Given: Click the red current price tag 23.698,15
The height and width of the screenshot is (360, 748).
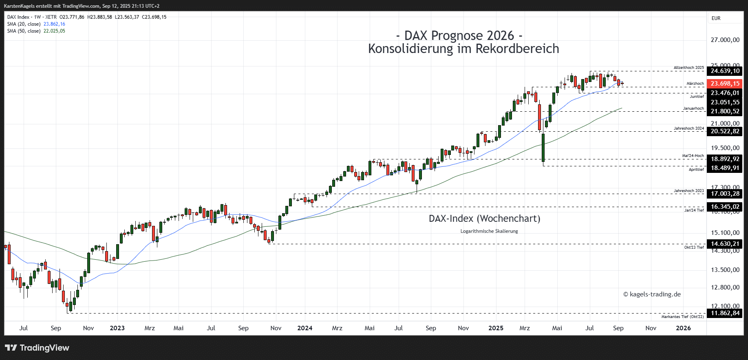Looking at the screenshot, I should [x=725, y=84].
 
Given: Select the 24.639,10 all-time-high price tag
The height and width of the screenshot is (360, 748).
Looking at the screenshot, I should [x=725, y=71].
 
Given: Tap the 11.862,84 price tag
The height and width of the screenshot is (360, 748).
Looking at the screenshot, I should [x=725, y=313].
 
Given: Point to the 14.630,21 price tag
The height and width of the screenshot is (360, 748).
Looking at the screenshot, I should [x=725, y=244].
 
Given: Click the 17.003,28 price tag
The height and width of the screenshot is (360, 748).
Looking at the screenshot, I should [x=725, y=194].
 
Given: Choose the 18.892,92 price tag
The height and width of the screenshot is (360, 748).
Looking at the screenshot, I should [x=725, y=159].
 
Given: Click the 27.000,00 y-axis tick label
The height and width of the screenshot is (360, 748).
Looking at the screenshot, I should [x=725, y=40].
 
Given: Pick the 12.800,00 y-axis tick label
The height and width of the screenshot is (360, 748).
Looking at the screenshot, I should [x=725, y=287].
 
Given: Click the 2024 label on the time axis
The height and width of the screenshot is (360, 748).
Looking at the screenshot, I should [x=305, y=328].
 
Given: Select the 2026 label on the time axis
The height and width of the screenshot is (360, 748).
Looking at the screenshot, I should [x=684, y=328].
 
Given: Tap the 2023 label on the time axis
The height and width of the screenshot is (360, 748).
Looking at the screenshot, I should [x=117, y=328].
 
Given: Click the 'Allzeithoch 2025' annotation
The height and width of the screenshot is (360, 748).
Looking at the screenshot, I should [x=688, y=68].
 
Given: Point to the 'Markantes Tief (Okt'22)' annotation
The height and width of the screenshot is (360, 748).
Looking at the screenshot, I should [x=682, y=317].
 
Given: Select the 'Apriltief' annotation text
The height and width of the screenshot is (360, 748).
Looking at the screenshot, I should [x=696, y=169].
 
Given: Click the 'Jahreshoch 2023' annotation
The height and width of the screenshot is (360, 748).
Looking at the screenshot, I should [x=688, y=191].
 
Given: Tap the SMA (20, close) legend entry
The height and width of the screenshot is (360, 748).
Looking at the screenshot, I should [x=24, y=24].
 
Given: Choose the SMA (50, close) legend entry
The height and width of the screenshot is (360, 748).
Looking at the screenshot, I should [x=24, y=31].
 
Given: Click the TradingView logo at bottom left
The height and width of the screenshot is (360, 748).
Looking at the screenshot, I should [x=37, y=348].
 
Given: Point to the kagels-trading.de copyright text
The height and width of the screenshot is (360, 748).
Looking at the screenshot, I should [x=652, y=294].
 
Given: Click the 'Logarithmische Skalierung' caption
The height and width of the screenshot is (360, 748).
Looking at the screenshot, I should [x=489, y=231].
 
